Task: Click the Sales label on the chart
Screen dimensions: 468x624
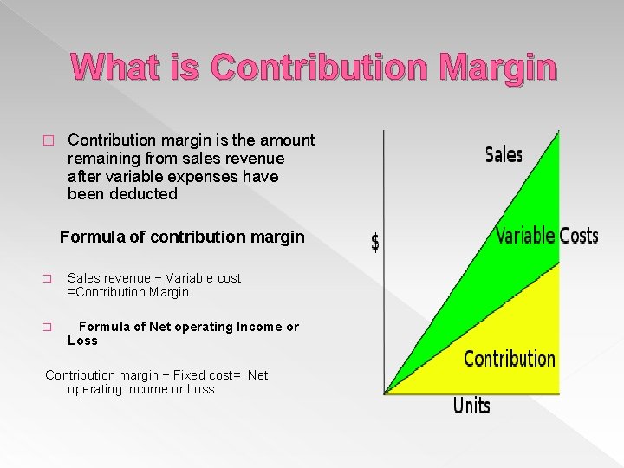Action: (x=504, y=155)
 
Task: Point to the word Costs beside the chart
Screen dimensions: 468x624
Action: (x=578, y=236)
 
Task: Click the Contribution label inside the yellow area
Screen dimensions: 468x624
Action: (x=510, y=359)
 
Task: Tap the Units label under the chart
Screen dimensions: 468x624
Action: (x=471, y=406)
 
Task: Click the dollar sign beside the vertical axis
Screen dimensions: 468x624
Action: (x=374, y=243)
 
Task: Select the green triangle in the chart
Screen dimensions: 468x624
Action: (x=511, y=225)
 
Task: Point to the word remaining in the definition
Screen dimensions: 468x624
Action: (x=106, y=159)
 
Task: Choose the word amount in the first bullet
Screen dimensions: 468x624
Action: (x=287, y=140)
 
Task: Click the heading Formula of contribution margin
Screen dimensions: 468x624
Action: (x=182, y=237)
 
